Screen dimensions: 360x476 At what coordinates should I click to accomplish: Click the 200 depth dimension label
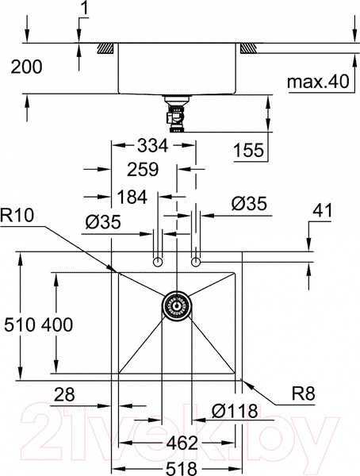tap(26, 67)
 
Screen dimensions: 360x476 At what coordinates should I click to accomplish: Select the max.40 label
tap(318, 82)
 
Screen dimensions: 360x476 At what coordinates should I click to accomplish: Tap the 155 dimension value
tap(248, 150)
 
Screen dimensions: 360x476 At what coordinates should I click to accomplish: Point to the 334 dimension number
tap(152, 145)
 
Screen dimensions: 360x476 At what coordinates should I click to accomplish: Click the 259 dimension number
tap(143, 170)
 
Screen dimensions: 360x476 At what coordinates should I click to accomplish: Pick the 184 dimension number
tap(132, 197)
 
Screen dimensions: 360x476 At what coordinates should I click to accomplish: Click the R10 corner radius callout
tap(17, 216)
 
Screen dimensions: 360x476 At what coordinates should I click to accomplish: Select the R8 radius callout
tap(303, 393)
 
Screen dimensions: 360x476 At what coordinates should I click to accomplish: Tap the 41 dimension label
tap(323, 210)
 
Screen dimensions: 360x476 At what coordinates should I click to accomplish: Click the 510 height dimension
tap(19, 324)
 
